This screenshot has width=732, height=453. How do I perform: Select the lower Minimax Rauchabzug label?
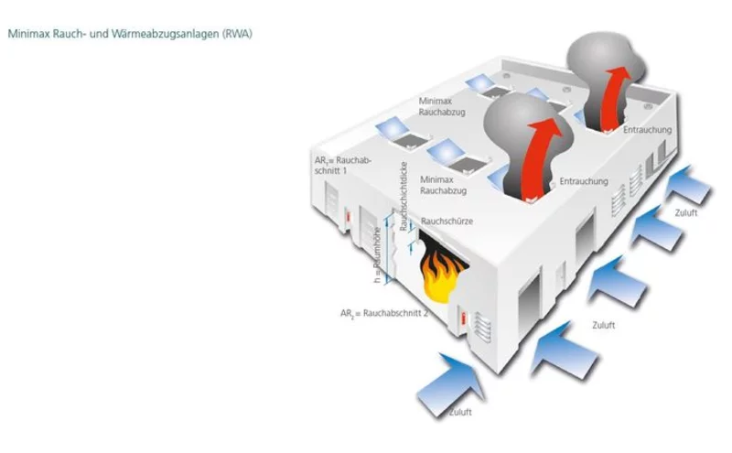[x=443, y=185]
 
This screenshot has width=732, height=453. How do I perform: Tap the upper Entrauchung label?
[x=647, y=130]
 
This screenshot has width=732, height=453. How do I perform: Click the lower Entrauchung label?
[x=583, y=181]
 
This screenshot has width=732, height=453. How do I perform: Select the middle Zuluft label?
[x=603, y=325]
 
